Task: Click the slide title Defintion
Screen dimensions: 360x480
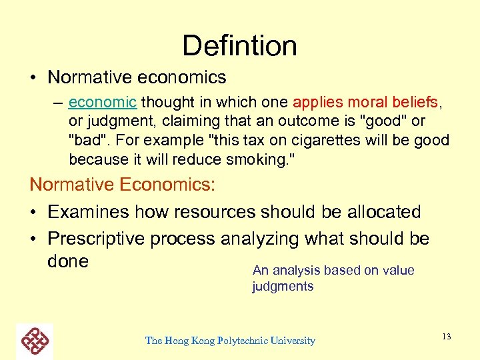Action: tap(239, 45)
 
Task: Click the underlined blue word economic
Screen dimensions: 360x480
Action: tap(102, 103)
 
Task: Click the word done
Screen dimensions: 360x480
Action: tap(68, 261)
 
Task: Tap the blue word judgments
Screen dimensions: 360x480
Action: tap(283, 287)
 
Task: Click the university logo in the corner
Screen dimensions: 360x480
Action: tap(35, 341)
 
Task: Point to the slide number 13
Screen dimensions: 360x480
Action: tap(446, 337)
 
